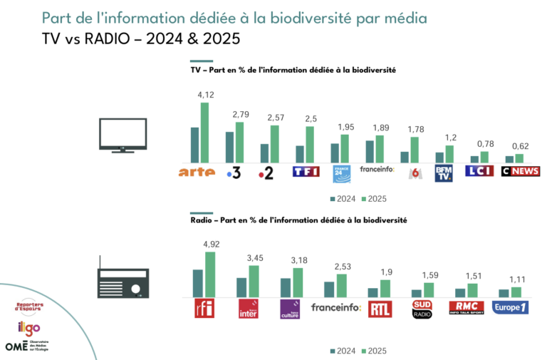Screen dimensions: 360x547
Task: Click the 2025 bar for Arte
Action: pyautogui.click(x=204, y=133)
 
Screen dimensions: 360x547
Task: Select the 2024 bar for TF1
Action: pyautogui.click(x=300, y=154)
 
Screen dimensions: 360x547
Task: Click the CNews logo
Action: pyautogui.click(x=520, y=171)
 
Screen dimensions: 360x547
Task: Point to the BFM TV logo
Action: pyautogui.click(x=444, y=173)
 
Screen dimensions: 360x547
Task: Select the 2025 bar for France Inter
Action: pyautogui.click(x=254, y=281)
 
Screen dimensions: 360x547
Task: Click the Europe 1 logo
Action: pyautogui.click(x=510, y=308)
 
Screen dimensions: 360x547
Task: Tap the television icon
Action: pyautogui.click(x=123, y=135)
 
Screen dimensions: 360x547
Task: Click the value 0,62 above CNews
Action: pyautogui.click(x=519, y=146)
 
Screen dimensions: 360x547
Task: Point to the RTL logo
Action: pyautogui.click(x=379, y=308)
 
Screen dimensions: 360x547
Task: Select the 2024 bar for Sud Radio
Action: pyautogui.click(x=416, y=293)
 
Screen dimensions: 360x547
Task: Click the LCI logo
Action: pyautogui.click(x=479, y=171)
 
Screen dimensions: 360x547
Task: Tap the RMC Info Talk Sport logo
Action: pyautogui.click(x=467, y=308)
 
